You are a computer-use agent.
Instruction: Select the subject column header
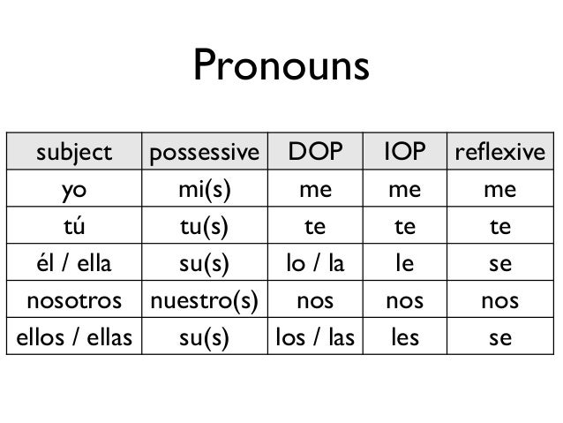[74, 153]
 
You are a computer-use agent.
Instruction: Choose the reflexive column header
[499, 153]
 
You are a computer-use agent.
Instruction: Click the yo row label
[74, 190]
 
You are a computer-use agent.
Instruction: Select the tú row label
[74, 226]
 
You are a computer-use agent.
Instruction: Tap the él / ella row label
[74, 264]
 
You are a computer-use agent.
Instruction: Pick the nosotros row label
[74, 301]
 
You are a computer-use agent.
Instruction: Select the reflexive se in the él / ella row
[499, 264]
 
